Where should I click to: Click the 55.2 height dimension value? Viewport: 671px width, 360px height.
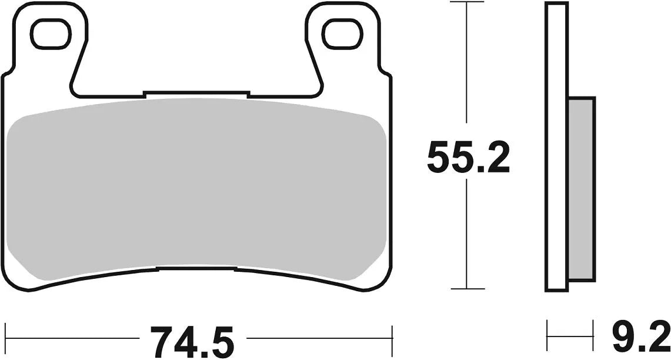468,158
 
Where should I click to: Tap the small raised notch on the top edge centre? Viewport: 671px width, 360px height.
196,93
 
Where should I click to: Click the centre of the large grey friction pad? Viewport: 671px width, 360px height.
197,188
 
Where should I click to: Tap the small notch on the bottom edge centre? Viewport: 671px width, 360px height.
197,269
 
